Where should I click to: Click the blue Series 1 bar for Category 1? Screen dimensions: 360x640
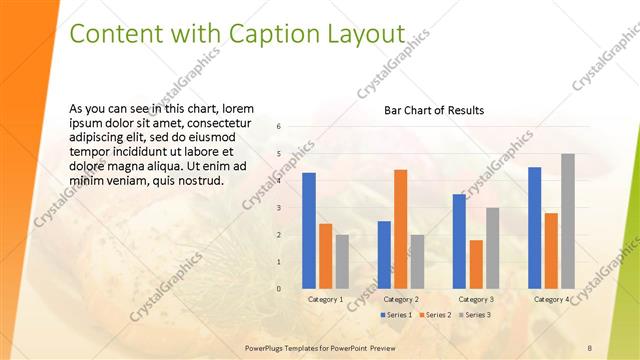point(309,231)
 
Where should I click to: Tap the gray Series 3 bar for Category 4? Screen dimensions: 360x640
point(568,221)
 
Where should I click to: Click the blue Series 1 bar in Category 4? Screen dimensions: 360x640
point(535,228)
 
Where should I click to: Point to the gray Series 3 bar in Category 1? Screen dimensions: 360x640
point(342,262)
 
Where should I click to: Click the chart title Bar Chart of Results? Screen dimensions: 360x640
point(434,110)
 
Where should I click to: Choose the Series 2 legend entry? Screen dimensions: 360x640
point(435,315)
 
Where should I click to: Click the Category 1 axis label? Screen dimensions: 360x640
point(326,299)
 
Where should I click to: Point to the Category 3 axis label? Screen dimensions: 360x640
point(476,299)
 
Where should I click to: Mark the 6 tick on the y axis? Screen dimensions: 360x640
point(279,126)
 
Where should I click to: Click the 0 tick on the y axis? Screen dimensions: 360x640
point(279,289)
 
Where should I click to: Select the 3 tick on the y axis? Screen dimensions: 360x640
point(279,208)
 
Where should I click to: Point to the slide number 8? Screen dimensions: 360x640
point(590,347)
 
